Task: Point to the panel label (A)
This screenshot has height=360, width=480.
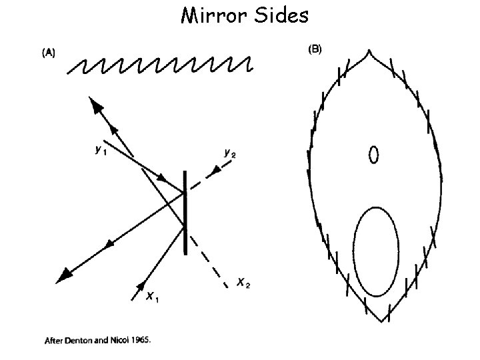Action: pyautogui.click(x=50, y=54)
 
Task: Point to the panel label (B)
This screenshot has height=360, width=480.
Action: pyautogui.click(x=313, y=50)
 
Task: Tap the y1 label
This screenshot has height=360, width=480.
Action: pyautogui.click(x=99, y=150)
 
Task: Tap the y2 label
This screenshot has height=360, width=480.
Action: pyautogui.click(x=230, y=154)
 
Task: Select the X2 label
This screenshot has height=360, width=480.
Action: pyautogui.click(x=243, y=284)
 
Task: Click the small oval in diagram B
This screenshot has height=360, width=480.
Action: pyautogui.click(x=374, y=155)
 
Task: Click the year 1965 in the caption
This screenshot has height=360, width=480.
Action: pyautogui.click(x=140, y=339)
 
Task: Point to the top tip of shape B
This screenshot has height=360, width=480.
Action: pyautogui.click(x=369, y=51)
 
